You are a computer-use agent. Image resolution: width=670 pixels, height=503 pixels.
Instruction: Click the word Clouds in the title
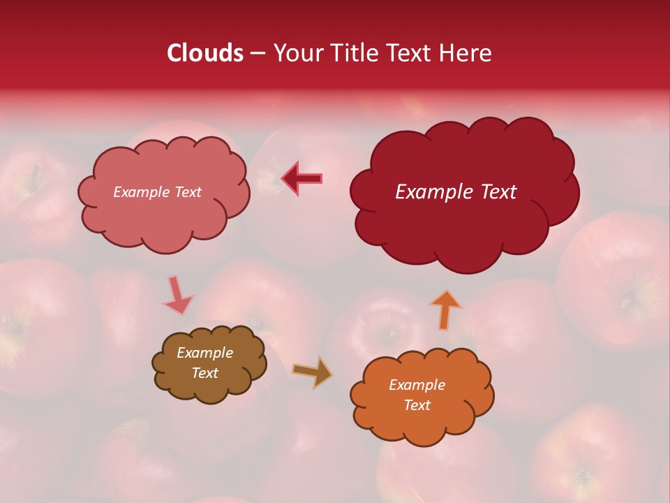(205, 53)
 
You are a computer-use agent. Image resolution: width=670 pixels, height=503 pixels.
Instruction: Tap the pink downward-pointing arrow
(177, 294)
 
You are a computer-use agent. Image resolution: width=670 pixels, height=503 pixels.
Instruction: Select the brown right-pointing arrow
(312, 372)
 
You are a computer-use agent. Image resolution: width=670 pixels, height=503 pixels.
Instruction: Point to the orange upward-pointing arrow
(445, 309)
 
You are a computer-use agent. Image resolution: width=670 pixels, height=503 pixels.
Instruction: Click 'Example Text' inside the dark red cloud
(456, 192)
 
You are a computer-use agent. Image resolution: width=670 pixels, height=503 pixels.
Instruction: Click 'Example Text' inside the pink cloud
(157, 192)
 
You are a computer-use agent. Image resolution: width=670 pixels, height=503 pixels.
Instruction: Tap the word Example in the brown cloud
(204, 353)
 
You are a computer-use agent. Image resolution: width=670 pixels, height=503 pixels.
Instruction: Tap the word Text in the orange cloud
(417, 405)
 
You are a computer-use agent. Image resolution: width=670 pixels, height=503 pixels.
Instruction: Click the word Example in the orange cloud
(417, 385)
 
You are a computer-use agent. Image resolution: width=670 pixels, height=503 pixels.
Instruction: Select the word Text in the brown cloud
(204, 373)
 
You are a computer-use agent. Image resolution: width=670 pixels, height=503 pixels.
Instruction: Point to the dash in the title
(257, 53)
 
